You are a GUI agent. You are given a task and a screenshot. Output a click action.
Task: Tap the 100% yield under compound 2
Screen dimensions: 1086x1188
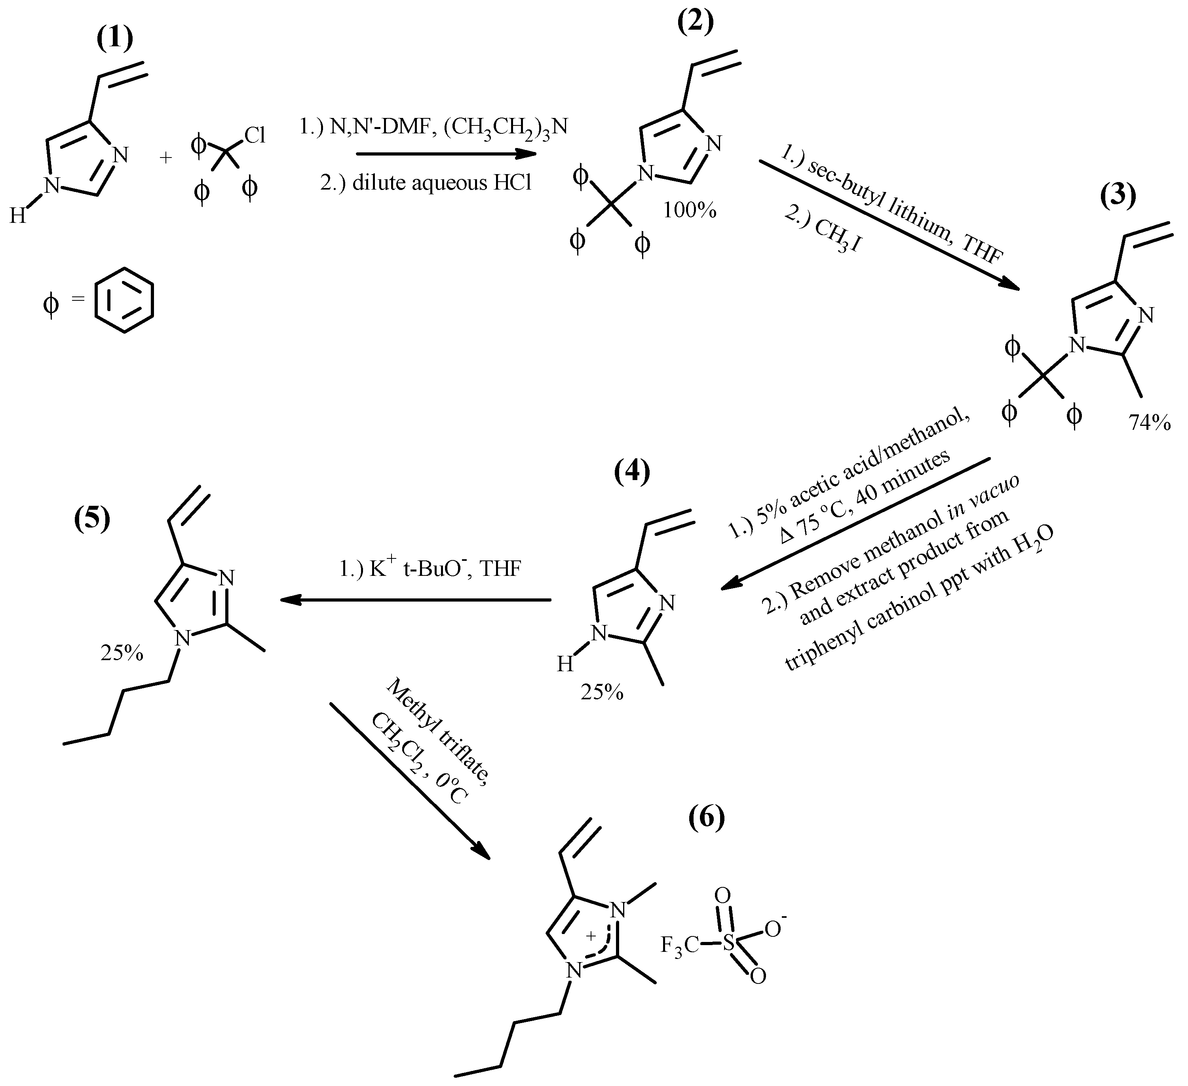point(690,211)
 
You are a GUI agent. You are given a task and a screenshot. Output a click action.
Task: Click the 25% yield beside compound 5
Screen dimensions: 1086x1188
point(122,653)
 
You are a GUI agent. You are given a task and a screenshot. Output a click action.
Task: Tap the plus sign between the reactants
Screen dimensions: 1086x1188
point(166,158)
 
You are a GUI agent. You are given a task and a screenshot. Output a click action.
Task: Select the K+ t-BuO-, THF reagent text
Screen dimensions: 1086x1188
point(430,569)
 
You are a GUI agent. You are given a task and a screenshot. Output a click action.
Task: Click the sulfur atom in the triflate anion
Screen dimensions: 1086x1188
point(730,944)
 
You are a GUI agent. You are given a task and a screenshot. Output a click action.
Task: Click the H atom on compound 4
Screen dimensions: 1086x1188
point(565,665)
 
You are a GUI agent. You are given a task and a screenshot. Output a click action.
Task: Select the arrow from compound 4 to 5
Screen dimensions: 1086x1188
point(415,600)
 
